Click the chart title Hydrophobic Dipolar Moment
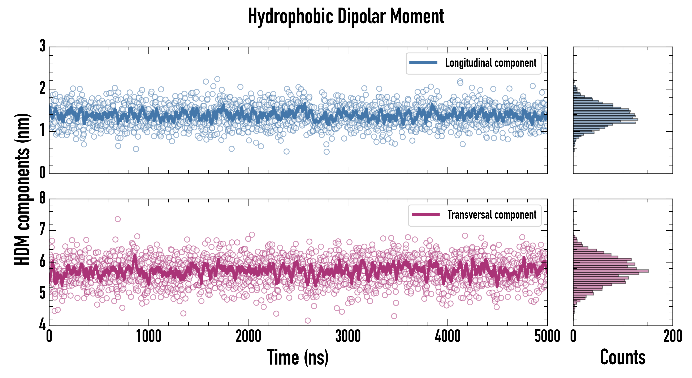point(346,17)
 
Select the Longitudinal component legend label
point(490,63)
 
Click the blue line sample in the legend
point(423,63)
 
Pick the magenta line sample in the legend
point(425,214)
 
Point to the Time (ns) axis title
point(298,357)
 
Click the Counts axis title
point(623,357)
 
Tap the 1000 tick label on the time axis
point(148,337)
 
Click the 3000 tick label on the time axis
point(348,337)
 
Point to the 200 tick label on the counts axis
point(673,337)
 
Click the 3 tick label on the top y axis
point(42,46)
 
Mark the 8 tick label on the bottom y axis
point(42,198)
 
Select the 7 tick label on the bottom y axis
point(42,230)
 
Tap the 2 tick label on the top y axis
point(42,88)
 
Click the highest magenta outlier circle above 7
point(118,219)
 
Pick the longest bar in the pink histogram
point(611,271)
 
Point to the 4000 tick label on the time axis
point(447,337)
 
